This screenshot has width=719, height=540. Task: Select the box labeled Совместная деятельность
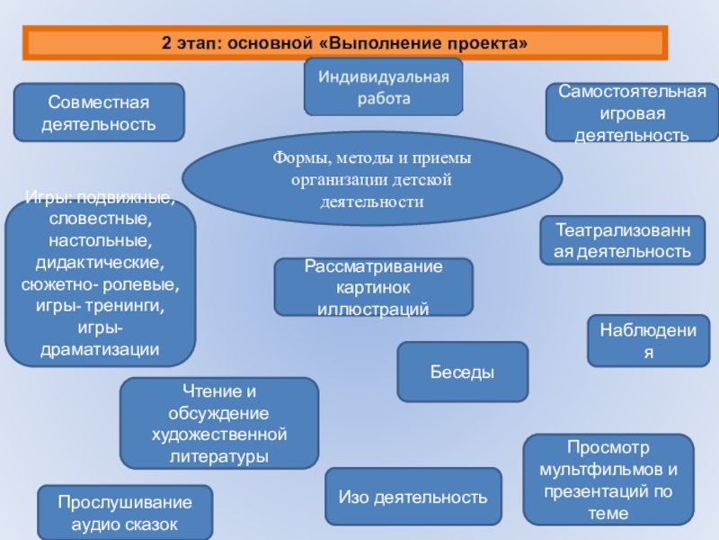[99, 112]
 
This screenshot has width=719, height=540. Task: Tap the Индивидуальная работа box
[384, 86]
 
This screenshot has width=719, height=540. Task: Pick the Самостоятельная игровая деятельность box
[633, 113]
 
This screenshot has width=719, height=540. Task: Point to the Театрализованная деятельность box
[622, 240]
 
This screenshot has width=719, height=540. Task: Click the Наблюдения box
[648, 340]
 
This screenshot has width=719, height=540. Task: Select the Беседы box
[463, 372]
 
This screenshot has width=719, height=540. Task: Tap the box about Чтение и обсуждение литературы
[219, 423]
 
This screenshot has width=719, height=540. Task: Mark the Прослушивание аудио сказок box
[125, 513]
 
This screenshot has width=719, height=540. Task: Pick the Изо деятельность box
[413, 497]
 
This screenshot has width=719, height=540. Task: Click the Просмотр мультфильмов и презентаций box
[608, 480]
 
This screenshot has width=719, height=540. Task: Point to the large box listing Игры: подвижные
[100, 279]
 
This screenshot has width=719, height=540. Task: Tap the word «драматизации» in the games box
[100, 348]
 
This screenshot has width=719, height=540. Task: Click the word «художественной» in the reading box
[219, 436]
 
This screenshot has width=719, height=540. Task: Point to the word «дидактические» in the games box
[100, 263]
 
